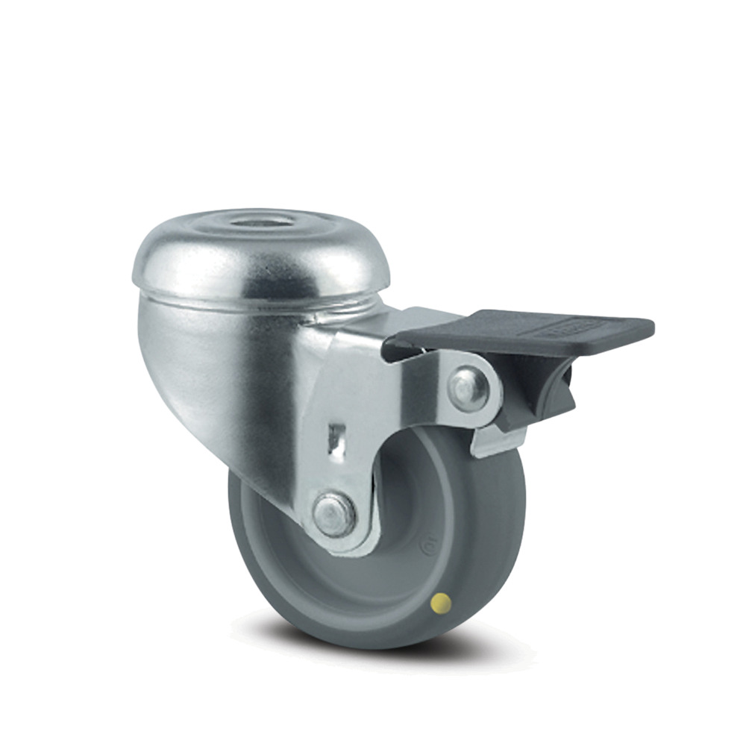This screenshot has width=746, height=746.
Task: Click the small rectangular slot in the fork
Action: pos(336,436)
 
